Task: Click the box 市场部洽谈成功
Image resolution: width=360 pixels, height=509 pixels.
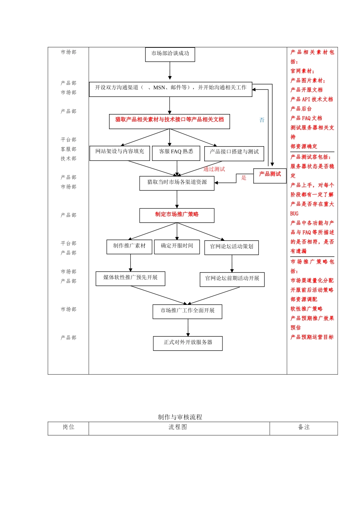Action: tap(170, 54)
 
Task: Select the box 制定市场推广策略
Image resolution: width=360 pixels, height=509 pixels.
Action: tap(177, 215)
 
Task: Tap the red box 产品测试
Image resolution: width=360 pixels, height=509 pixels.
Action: tap(270, 176)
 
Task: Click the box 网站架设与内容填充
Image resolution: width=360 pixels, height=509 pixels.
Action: tap(120, 153)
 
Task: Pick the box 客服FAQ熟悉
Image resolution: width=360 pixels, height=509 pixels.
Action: tap(176, 153)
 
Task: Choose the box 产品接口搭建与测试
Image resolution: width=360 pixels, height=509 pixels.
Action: tap(234, 153)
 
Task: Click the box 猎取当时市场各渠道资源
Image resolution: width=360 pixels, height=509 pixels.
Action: tap(177, 183)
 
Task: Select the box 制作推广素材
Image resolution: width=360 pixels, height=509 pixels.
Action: tap(129, 247)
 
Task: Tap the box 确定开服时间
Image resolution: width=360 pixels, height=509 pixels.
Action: tap(177, 247)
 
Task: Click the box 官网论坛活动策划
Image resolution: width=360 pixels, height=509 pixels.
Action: tap(232, 247)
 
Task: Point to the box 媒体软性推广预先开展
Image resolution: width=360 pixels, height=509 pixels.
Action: tap(130, 279)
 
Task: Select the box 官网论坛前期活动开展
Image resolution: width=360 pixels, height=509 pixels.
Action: tap(232, 279)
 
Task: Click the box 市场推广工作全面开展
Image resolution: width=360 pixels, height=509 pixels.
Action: tap(187, 312)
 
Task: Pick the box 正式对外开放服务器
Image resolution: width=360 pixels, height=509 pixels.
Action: tap(188, 343)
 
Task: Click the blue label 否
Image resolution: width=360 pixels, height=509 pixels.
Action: tap(262, 120)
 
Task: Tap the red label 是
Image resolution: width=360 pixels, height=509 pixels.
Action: tap(244, 178)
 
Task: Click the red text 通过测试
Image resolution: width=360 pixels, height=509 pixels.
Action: tap(214, 169)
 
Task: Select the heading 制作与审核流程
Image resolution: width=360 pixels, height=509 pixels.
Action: tap(180, 417)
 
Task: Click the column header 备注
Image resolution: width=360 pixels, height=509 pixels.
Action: tap(304, 428)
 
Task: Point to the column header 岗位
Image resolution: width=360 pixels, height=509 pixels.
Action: tap(68, 428)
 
